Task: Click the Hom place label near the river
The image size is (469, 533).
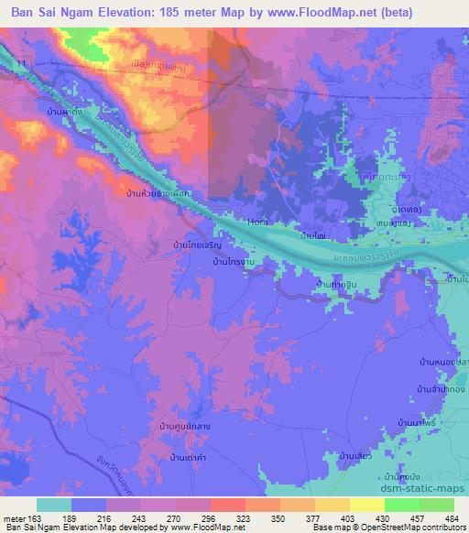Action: (257, 221)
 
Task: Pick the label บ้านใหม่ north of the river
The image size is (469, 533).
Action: (311, 235)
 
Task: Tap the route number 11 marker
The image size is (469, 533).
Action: (20, 61)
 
